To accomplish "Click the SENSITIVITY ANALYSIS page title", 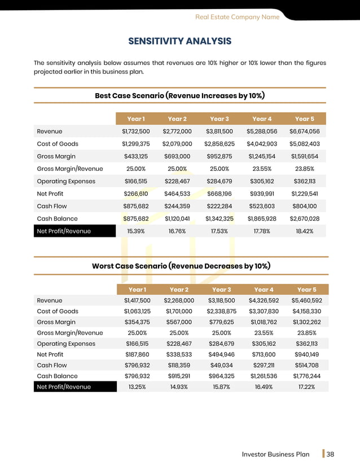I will click(x=180, y=41).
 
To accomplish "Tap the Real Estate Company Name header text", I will click(x=237, y=17).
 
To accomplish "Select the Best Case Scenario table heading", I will click(x=180, y=95).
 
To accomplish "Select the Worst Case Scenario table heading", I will click(x=180, y=266).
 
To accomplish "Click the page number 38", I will click(x=331, y=454).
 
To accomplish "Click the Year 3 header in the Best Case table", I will click(x=219, y=119).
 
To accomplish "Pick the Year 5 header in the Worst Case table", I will click(x=305, y=289).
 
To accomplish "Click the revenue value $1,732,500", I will click(x=135, y=131).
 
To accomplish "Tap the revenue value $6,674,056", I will click(x=305, y=131).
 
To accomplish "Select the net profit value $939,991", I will click(x=261, y=194).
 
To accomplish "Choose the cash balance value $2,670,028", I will click(x=305, y=218).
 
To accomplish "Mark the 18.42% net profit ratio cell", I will click(x=305, y=231).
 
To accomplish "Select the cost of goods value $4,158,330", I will click(x=306, y=311).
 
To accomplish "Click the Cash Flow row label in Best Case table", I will click(x=51, y=206).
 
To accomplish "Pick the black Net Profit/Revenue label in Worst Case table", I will click(x=63, y=386).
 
